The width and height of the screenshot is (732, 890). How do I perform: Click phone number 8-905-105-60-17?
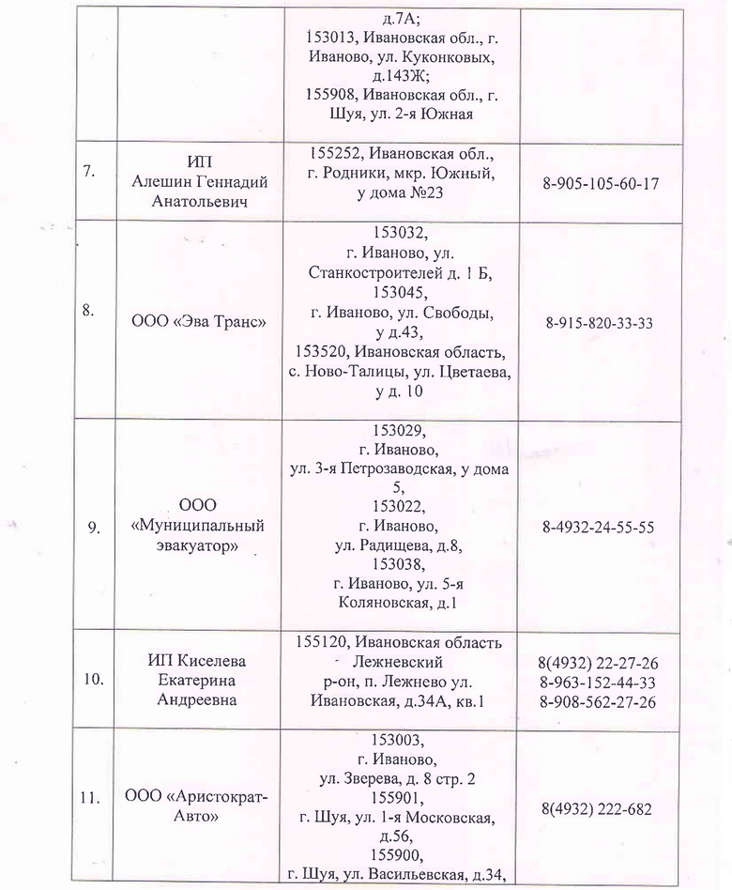pyautogui.click(x=601, y=182)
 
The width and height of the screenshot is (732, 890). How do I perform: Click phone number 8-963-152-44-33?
pyautogui.click(x=598, y=683)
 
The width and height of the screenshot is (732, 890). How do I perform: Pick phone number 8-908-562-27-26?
pyautogui.click(x=598, y=702)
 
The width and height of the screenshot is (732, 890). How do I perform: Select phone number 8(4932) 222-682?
pyautogui.click(x=597, y=808)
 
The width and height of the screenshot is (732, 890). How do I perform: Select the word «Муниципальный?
pyautogui.click(x=198, y=525)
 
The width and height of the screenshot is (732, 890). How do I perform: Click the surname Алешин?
pyautogui.click(x=161, y=182)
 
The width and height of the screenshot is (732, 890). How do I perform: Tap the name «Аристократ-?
pyautogui.click(x=197, y=798)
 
